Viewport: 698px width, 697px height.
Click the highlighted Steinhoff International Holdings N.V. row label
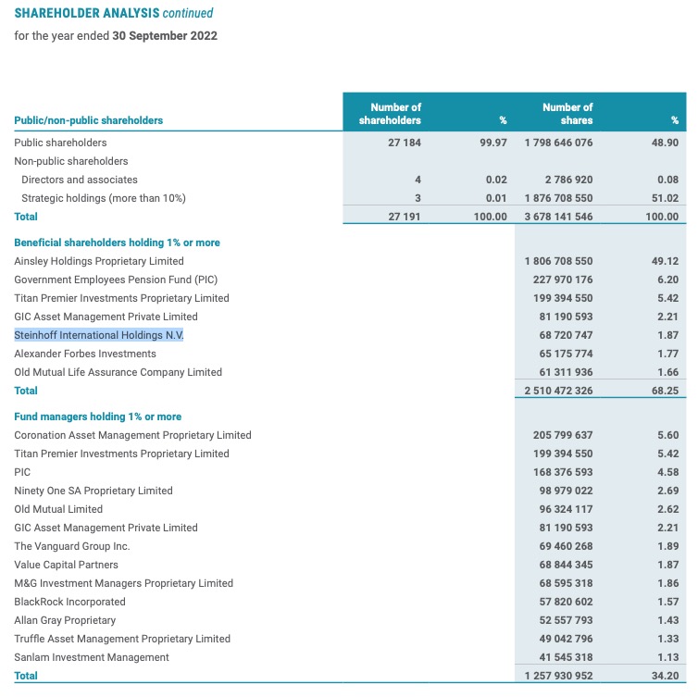point(99,335)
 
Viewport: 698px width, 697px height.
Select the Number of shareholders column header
point(395,114)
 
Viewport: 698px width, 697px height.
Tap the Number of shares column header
point(567,114)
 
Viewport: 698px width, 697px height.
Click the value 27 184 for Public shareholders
point(405,143)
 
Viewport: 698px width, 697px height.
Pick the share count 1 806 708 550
point(558,261)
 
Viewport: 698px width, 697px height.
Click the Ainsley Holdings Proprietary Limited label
point(99,261)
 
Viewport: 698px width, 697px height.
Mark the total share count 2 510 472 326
point(558,391)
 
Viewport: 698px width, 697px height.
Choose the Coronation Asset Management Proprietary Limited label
point(132,435)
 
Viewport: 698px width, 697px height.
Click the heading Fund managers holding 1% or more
point(97,417)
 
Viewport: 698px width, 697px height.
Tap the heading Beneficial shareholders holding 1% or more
point(117,243)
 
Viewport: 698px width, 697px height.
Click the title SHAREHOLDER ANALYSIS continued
point(113,13)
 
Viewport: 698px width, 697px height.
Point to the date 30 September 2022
point(165,35)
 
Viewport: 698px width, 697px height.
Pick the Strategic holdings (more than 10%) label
point(103,198)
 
